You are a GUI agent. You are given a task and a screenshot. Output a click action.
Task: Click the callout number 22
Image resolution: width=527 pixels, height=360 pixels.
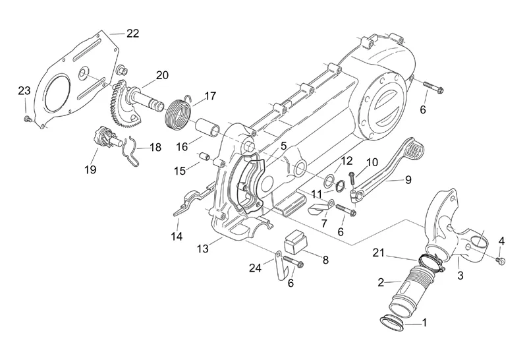132,34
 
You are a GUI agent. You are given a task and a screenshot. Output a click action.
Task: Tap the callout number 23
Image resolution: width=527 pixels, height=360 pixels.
24,90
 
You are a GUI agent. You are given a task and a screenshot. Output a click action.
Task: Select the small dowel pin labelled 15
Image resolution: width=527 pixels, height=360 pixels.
204,158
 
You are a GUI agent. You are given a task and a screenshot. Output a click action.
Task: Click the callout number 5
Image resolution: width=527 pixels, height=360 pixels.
264,147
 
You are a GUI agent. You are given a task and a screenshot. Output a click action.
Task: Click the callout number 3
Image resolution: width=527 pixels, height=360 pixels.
460,277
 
